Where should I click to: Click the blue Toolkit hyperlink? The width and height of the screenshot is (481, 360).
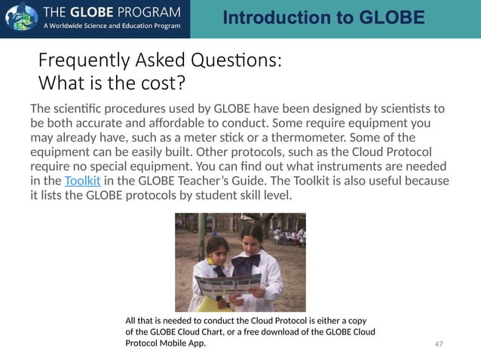(82, 182)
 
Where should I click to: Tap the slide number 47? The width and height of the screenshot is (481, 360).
(440, 343)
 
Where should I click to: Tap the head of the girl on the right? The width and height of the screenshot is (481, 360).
(253, 234)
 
